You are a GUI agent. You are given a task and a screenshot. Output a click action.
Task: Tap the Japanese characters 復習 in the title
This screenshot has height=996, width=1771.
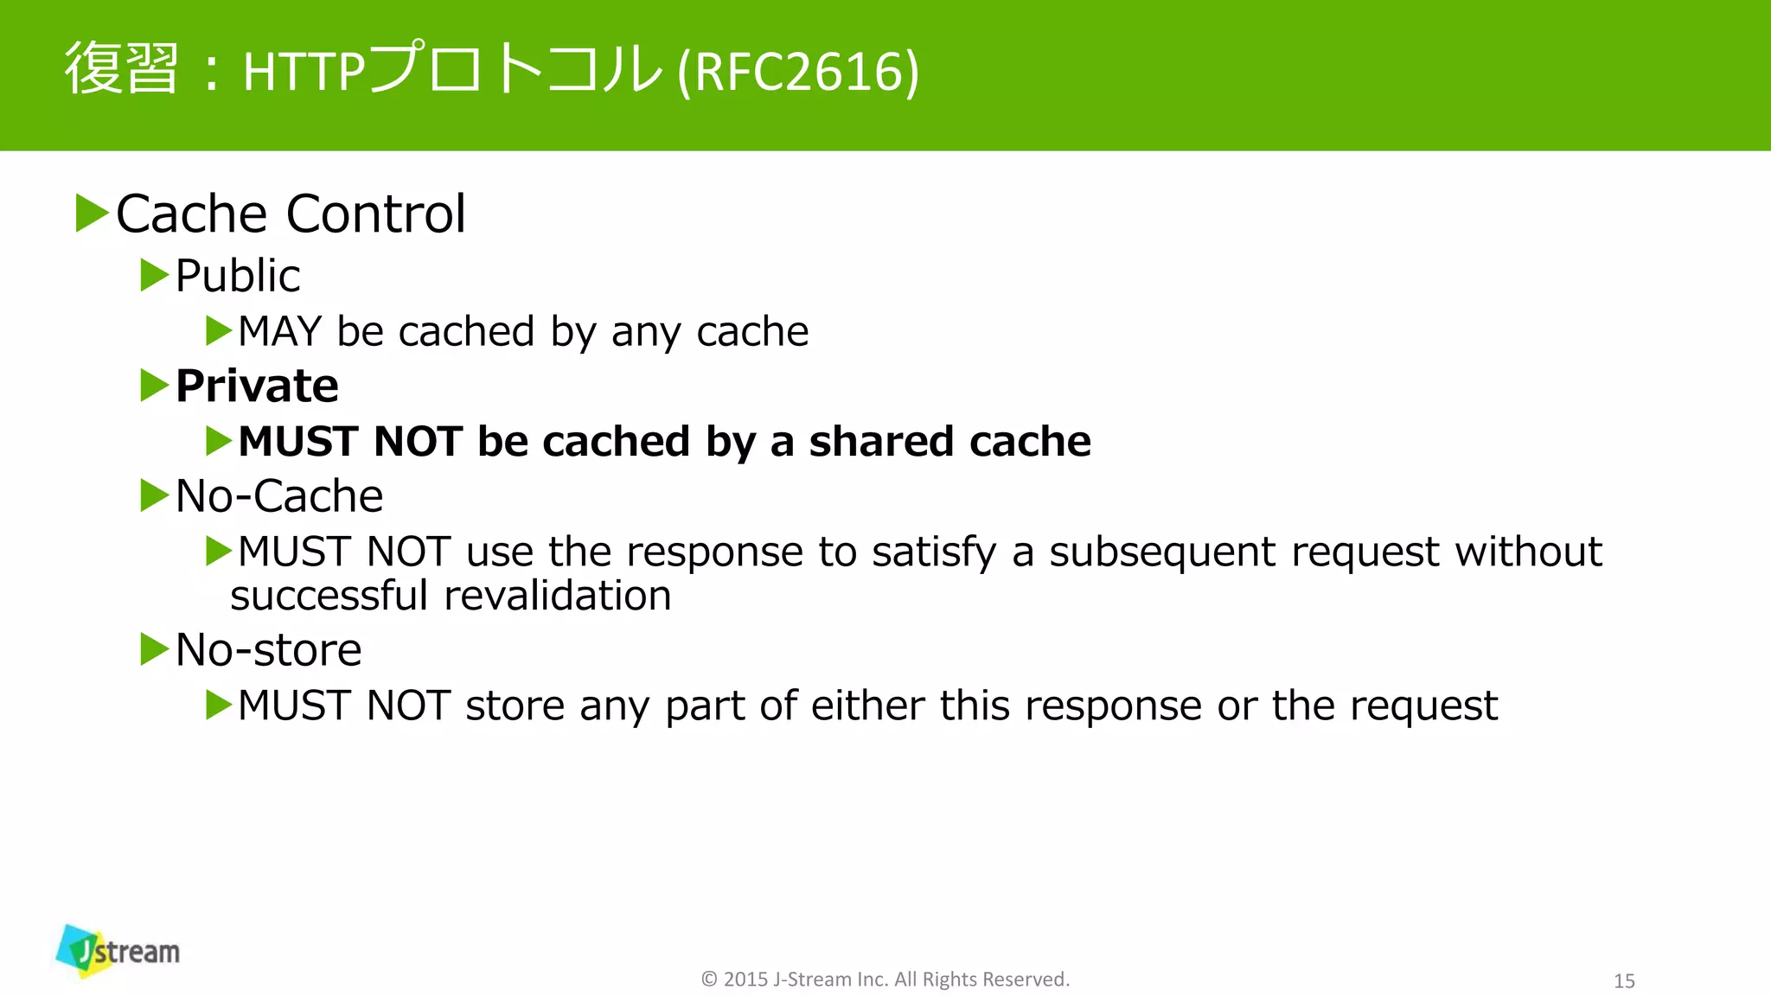point(122,69)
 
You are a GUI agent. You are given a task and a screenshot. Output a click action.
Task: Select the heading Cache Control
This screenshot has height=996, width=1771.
point(291,214)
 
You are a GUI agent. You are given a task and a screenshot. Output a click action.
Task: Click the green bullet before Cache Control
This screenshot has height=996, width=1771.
point(91,213)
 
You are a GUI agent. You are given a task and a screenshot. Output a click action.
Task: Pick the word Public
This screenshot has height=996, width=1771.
point(238,276)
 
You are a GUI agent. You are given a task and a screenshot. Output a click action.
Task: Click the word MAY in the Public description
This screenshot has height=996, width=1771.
point(279,331)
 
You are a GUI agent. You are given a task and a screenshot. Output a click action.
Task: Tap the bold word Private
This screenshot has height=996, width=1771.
point(257,386)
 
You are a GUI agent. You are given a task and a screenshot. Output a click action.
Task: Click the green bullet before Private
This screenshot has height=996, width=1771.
point(154,385)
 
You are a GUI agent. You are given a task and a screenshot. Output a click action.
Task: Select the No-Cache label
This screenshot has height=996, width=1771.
point(278,496)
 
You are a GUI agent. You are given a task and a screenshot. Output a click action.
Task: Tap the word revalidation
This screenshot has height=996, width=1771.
point(558,596)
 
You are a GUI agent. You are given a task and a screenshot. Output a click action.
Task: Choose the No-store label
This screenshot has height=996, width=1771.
point(268,650)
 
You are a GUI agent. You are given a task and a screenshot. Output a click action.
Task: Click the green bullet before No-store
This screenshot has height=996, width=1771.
point(154,649)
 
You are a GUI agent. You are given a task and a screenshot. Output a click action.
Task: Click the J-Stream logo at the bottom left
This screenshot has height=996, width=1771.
point(118,951)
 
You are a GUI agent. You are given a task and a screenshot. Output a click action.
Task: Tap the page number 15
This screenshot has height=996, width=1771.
point(1624,980)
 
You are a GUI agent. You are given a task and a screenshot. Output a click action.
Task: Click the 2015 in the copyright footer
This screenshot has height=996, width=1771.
point(745,980)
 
